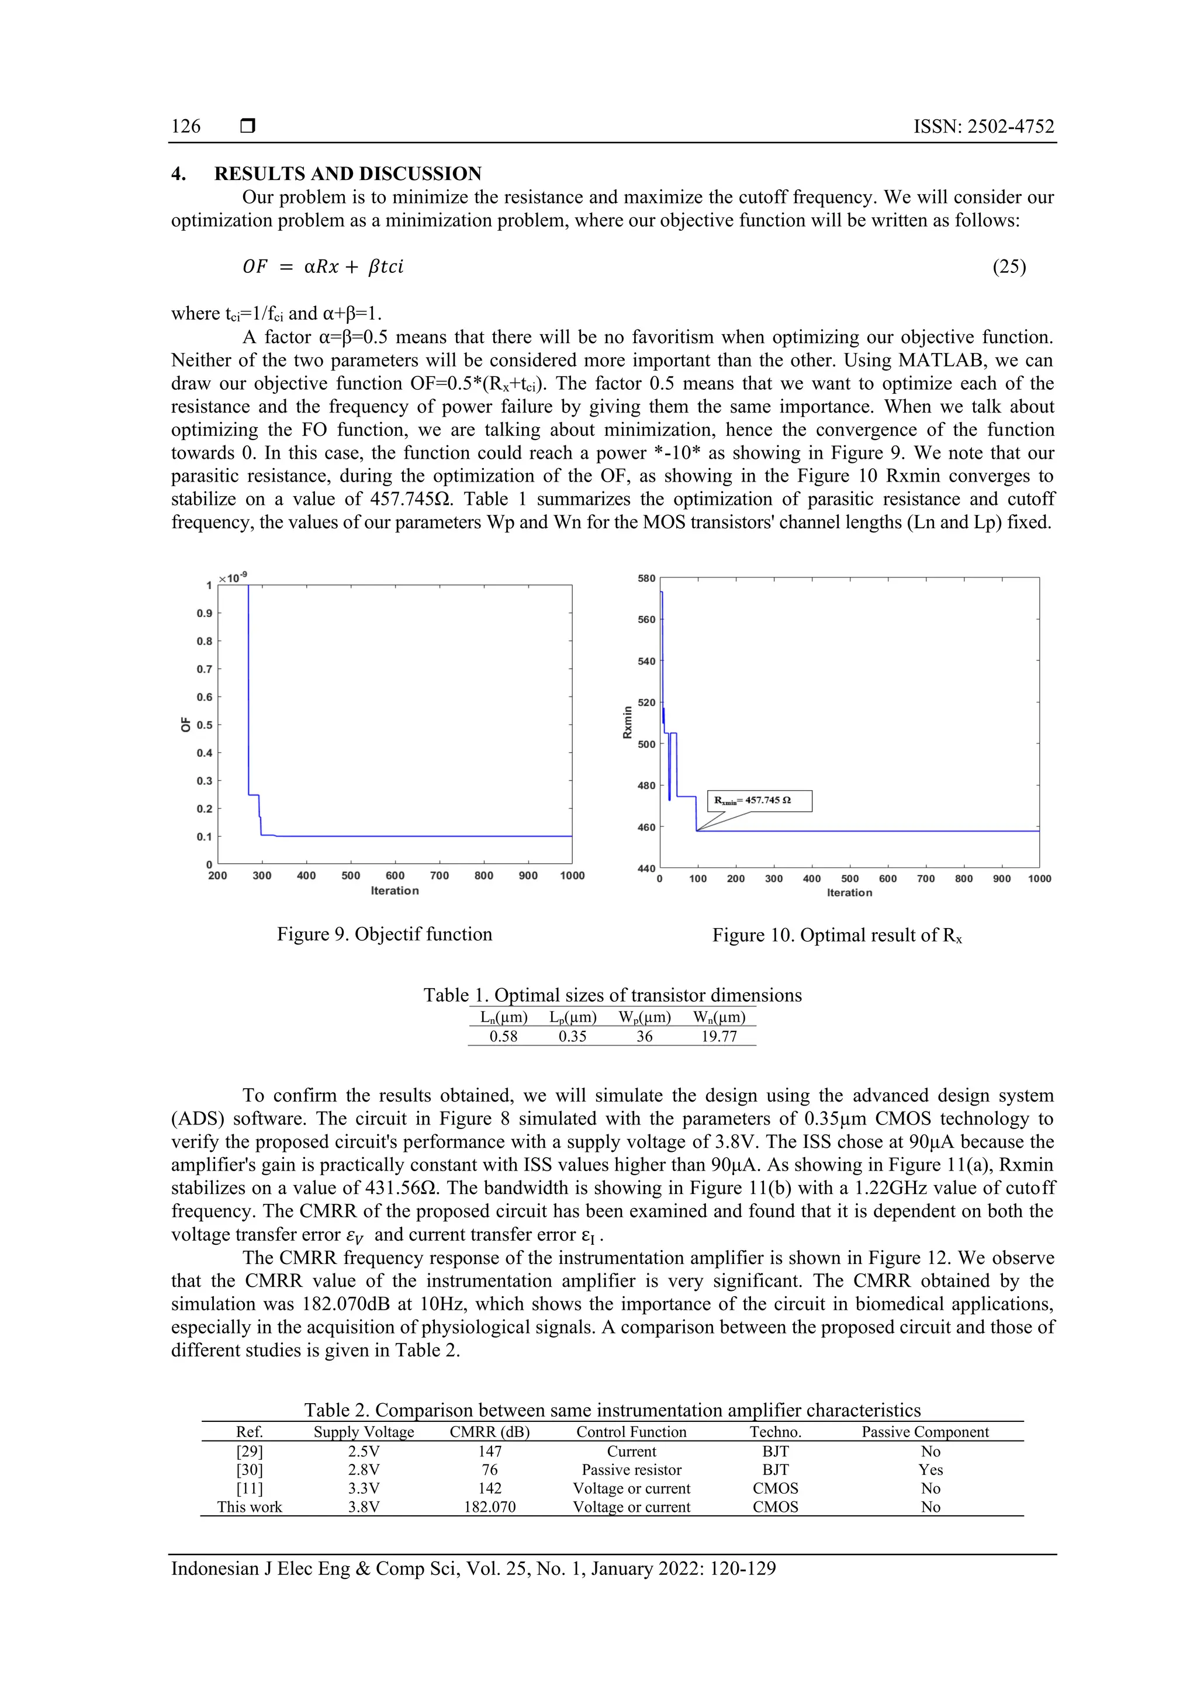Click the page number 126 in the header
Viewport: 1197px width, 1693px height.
(186, 126)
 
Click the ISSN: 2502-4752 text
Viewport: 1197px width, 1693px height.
(984, 126)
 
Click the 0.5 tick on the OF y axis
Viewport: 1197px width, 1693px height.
(205, 725)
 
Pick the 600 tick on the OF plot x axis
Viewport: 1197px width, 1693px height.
(395, 876)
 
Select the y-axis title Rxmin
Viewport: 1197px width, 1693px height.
(628, 723)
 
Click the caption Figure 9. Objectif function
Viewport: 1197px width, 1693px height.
(384, 934)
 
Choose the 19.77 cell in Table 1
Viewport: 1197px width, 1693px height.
(718, 1036)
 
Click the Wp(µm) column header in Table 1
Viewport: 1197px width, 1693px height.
(645, 1017)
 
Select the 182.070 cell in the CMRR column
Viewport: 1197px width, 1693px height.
(490, 1507)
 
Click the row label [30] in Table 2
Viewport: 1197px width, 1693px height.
(250, 1470)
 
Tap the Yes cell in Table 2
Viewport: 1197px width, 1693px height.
(930, 1470)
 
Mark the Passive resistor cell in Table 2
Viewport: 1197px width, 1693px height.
(631, 1470)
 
